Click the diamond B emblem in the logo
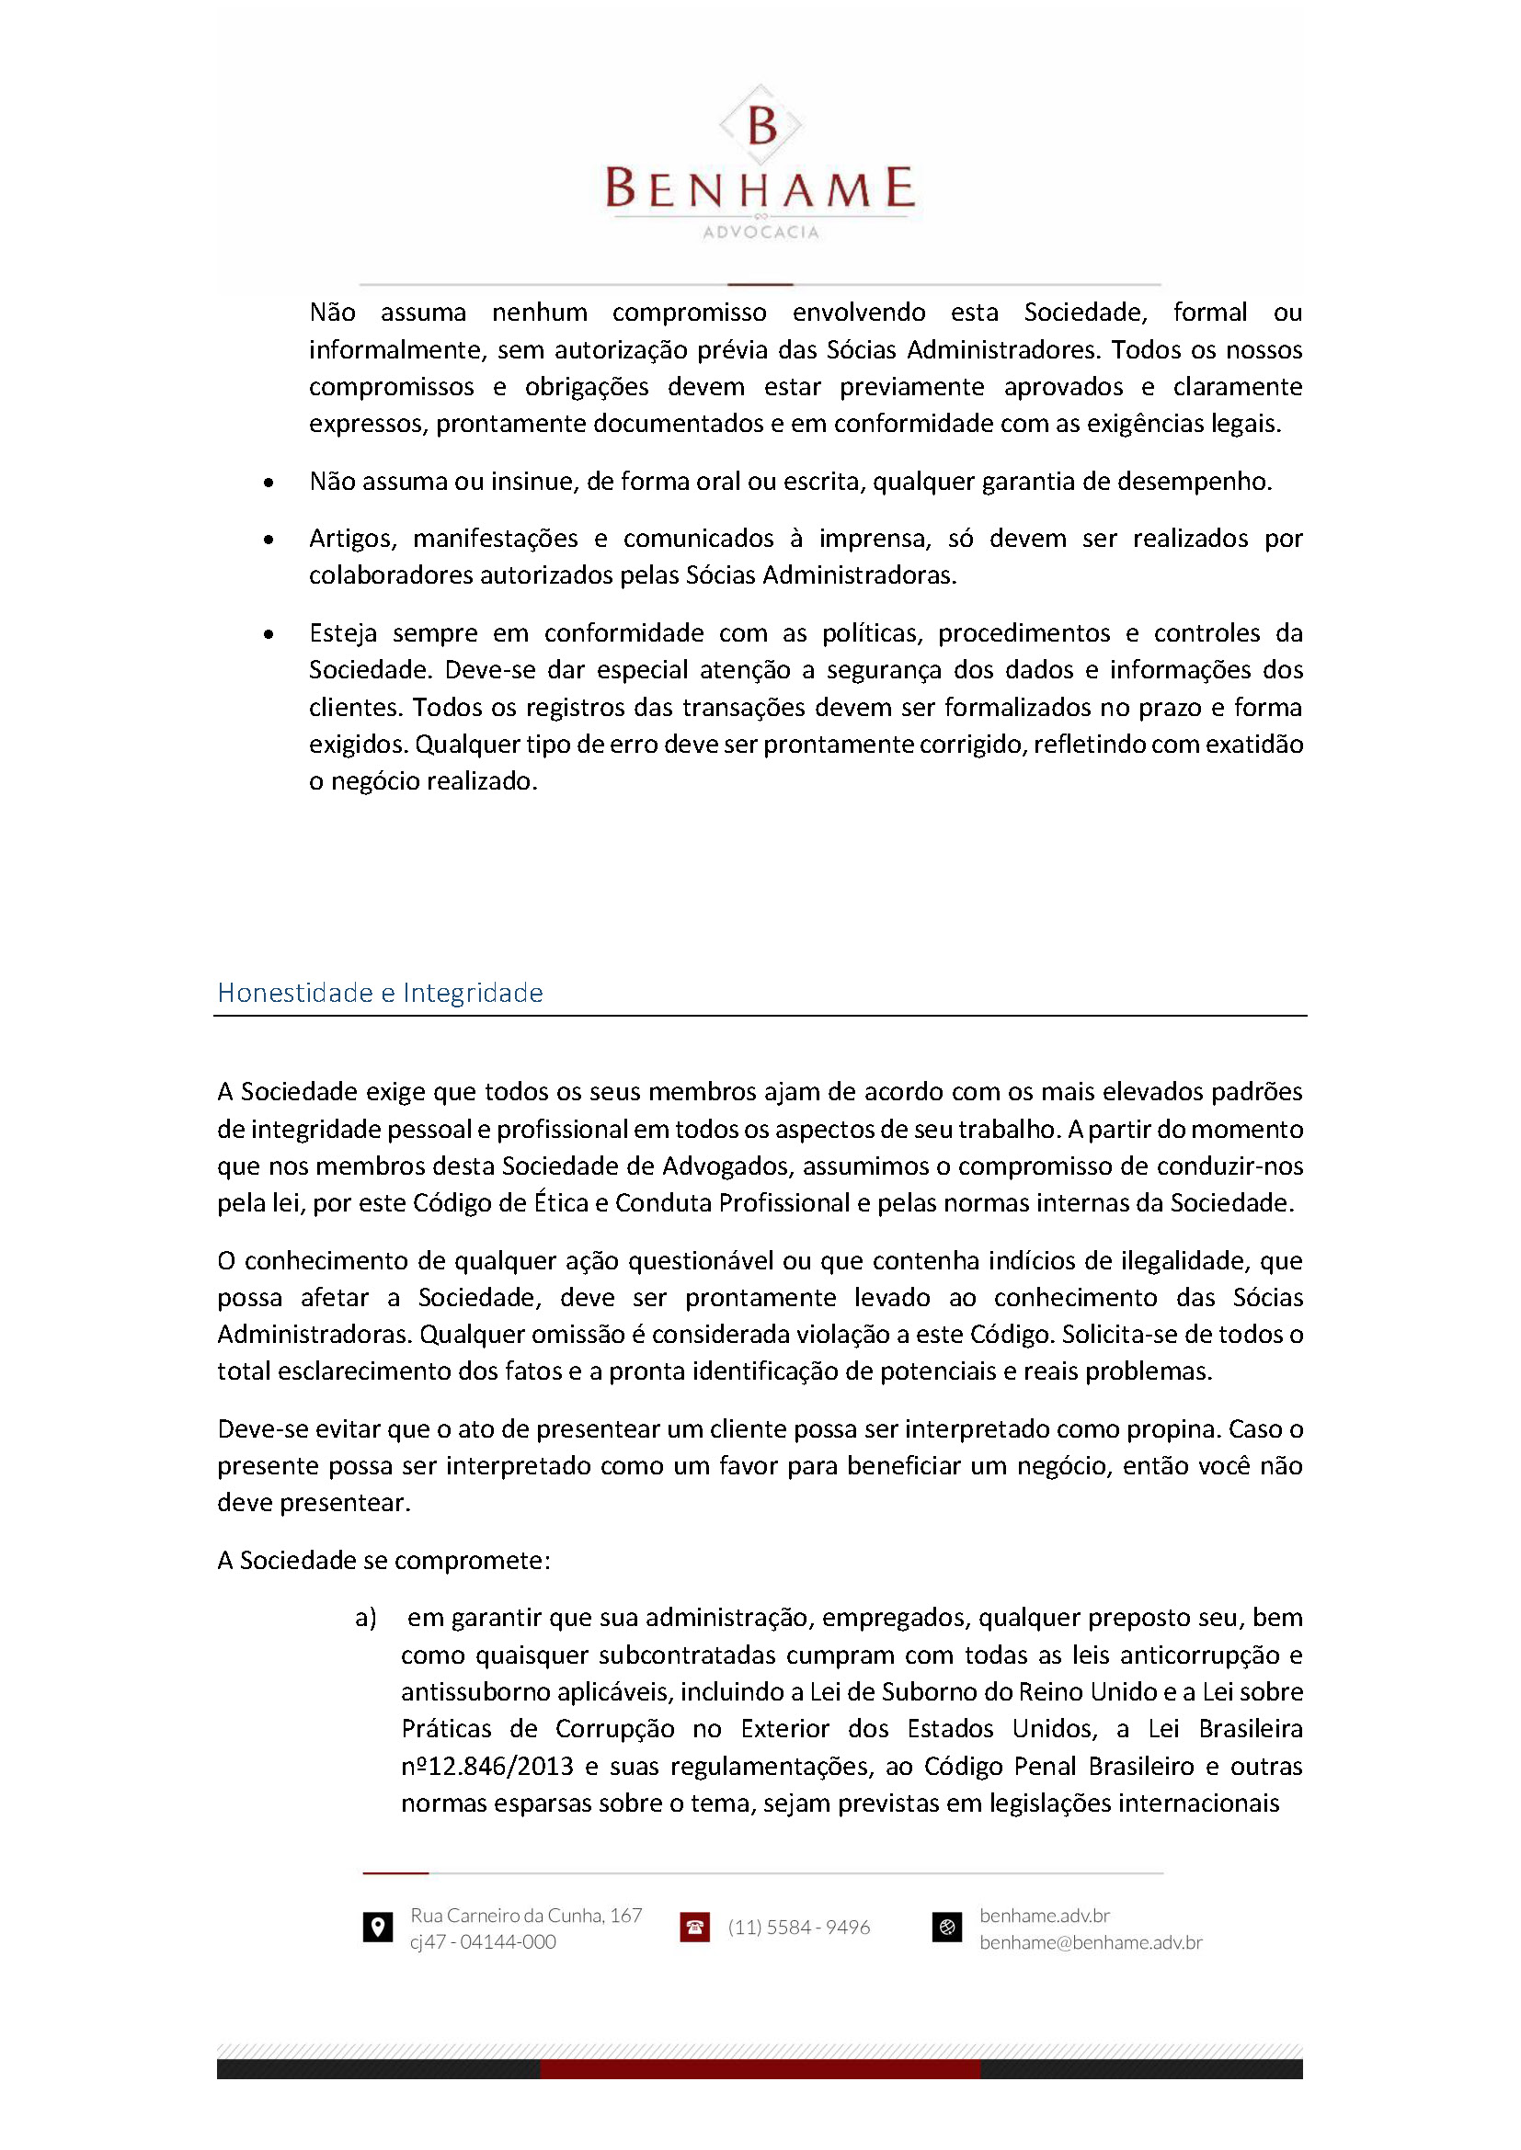pos(760,124)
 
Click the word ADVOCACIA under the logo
pos(760,233)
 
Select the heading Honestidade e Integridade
pos(381,993)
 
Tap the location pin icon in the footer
pos(377,1928)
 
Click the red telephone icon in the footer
pos(695,1928)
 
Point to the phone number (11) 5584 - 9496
pos(799,1928)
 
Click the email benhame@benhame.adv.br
pos(1091,1942)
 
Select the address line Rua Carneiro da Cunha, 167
pos(525,1915)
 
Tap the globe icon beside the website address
pos(947,1928)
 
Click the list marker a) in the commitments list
pos(365,1618)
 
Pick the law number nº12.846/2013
pos(487,1767)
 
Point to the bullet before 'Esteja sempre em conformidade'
pos(269,634)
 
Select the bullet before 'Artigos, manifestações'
pos(269,540)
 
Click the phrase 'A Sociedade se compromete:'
pos(384,1560)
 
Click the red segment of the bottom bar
pos(760,2069)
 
